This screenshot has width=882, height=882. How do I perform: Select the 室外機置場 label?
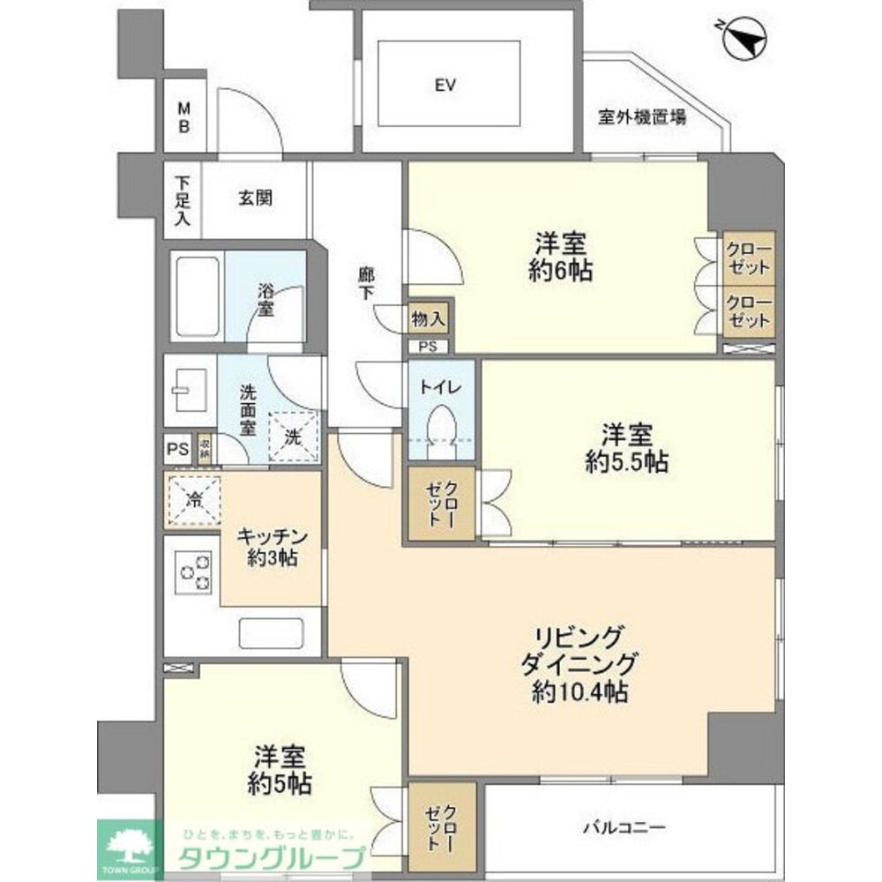(642, 116)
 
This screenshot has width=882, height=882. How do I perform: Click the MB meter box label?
(184, 116)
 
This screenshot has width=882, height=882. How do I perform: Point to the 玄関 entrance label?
(255, 198)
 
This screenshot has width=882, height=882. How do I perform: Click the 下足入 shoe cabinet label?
(183, 202)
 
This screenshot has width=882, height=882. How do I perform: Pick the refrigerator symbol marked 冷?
(191, 501)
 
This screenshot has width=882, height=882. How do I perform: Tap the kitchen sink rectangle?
(271, 633)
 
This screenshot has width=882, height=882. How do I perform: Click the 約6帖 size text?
(562, 270)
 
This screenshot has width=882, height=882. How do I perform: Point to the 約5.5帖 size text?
(627, 460)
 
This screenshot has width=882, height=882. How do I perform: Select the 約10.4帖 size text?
(579, 692)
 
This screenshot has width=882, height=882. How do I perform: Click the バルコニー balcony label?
(624, 827)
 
